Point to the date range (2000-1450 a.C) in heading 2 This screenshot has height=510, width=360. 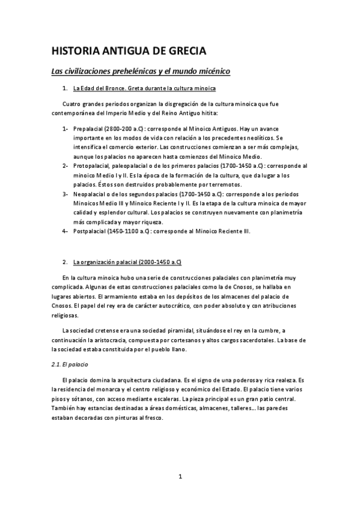click(157, 262)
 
